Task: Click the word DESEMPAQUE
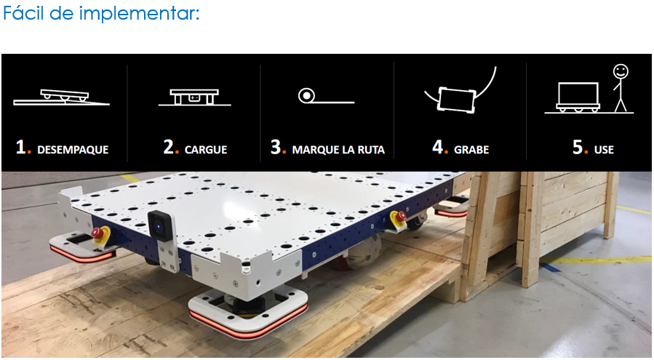tap(73, 149)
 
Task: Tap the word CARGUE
tap(206, 149)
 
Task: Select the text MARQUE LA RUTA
tap(338, 149)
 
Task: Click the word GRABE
tap(471, 149)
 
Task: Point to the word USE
tap(604, 149)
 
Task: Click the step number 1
tap(21, 147)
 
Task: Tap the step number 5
tap(578, 147)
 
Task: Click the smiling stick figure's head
tap(621, 71)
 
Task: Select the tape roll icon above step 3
tap(306, 96)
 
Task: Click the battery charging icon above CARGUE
tap(194, 97)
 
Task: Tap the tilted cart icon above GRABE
tap(456, 100)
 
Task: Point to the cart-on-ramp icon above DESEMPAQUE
tap(62, 97)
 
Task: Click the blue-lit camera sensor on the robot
tap(159, 226)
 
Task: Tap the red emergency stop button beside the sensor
tap(98, 233)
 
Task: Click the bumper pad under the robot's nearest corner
tap(248, 313)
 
